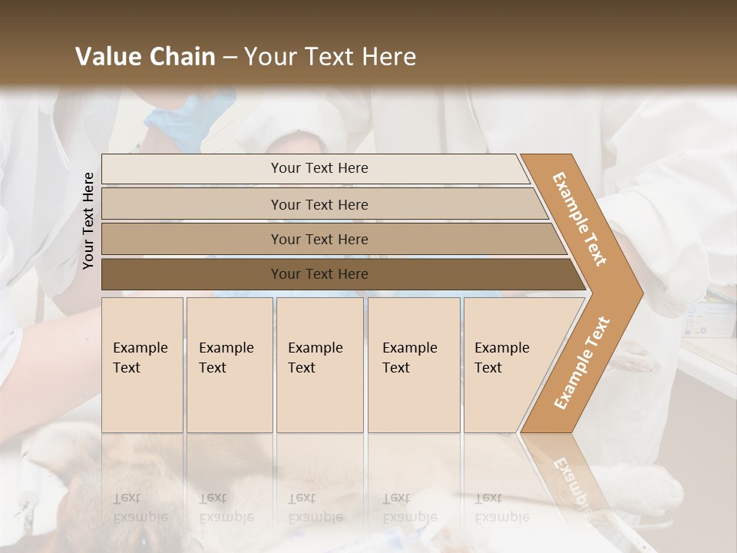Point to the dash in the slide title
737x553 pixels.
coord(230,58)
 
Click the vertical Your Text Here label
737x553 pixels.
coord(88,220)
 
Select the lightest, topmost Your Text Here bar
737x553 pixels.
coord(319,168)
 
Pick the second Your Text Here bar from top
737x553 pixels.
coord(319,204)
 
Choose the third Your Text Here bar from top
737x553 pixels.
coord(319,239)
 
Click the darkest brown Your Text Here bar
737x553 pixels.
coord(319,274)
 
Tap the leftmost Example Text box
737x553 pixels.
coord(142,364)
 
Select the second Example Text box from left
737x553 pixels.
coord(230,364)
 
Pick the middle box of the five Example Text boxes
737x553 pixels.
coord(319,364)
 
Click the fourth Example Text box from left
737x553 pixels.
coord(414,364)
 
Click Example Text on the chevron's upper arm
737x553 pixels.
coord(580,219)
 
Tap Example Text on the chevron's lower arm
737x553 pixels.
coord(581,363)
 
